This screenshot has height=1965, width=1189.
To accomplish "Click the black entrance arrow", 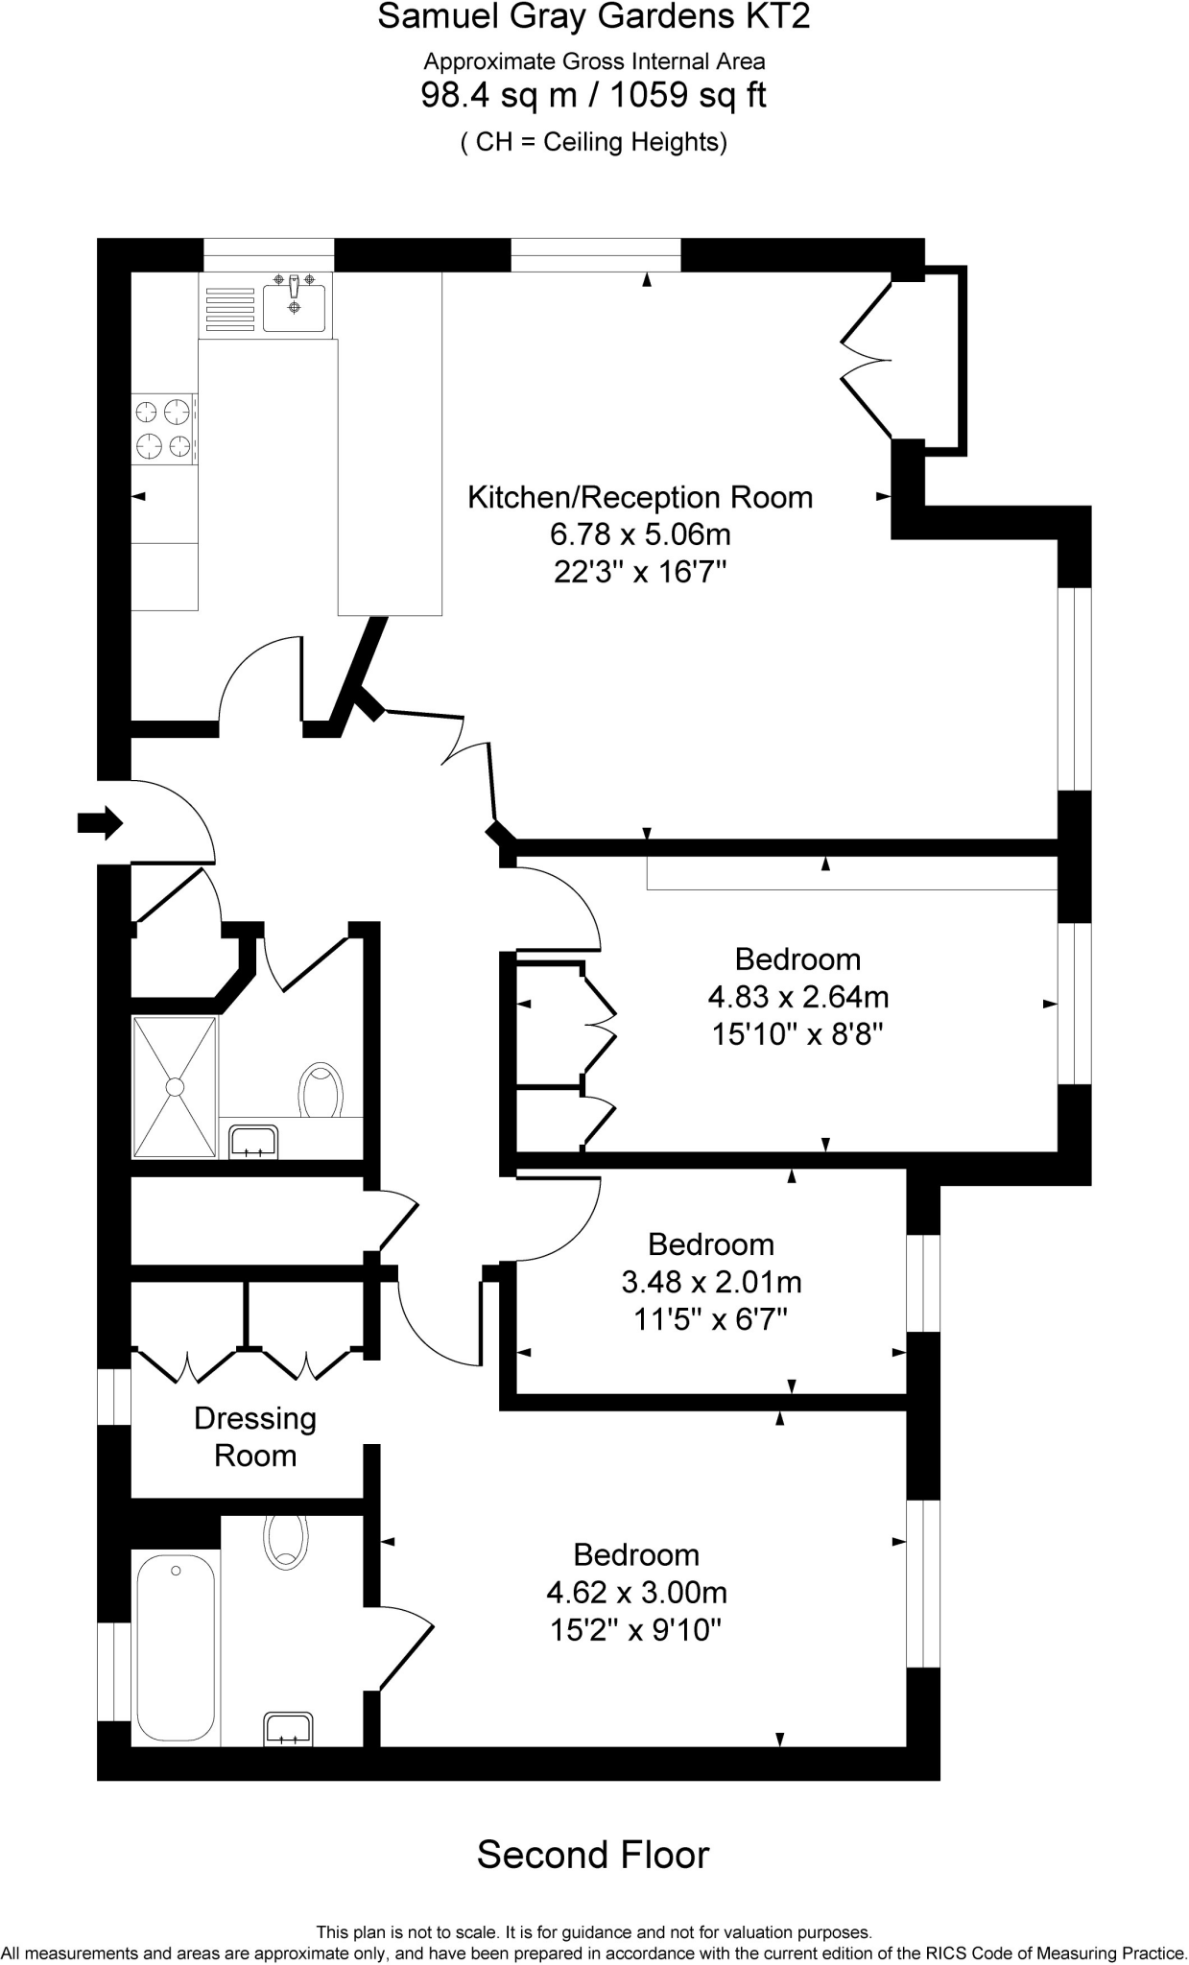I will click(x=99, y=822).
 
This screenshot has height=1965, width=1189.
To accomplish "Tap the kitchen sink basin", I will click(x=295, y=307).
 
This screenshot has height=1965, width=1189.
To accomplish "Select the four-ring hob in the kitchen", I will click(x=163, y=429).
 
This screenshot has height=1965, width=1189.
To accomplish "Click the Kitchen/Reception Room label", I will click(x=639, y=497).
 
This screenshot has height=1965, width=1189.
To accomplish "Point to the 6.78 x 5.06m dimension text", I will click(x=639, y=533).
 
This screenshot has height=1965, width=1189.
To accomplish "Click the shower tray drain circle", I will click(x=175, y=1086).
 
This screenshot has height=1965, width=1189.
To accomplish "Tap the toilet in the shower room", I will click(x=322, y=1090).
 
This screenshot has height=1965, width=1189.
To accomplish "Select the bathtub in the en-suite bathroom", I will click(x=176, y=1647).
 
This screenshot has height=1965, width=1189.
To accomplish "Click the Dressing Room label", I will click(x=255, y=1436).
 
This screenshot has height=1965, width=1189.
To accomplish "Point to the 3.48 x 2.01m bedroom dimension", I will click(x=711, y=1282).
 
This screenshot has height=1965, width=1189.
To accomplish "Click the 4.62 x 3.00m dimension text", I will click(x=636, y=1593).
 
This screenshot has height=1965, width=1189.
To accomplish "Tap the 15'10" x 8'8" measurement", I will click(x=797, y=1034).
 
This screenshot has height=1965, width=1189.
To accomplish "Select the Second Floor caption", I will click(x=593, y=1855).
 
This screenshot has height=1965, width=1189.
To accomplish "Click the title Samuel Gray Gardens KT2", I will click(x=593, y=16).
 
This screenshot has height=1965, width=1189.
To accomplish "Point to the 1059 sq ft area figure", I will click(x=688, y=95).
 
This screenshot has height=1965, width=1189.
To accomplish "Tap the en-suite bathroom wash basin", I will click(x=288, y=1729).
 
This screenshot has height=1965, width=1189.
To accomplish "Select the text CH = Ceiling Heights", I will click(x=593, y=142).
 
